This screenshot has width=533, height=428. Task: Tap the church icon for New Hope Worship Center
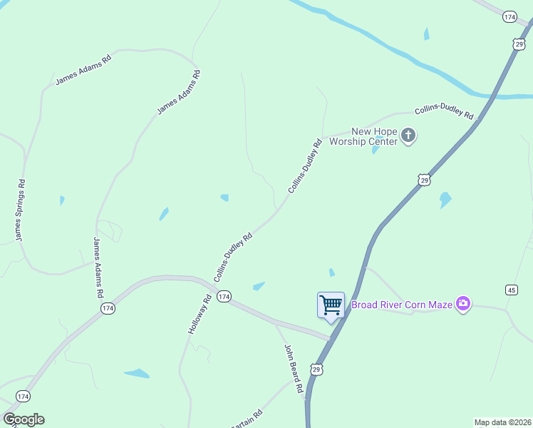click(408, 136)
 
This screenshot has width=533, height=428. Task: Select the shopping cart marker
click(331, 305)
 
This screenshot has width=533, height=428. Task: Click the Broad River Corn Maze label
click(402, 305)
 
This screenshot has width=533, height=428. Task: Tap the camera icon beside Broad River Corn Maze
click(464, 305)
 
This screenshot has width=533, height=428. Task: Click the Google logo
click(24, 419)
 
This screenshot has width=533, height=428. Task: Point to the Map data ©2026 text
click(502, 422)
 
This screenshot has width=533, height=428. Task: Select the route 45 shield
click(511, 289)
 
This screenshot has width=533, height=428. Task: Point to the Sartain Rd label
click(247, 419)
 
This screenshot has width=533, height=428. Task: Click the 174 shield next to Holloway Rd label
click(224, 296)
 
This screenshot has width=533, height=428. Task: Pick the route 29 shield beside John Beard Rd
click(316, 369)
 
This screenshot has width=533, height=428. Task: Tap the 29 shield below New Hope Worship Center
click(424, 180)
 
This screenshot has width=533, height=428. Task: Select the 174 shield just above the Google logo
click(24, 396)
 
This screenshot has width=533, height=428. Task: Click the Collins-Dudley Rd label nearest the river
click(445, 111)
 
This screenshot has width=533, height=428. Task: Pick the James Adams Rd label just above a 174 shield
click(98, 267)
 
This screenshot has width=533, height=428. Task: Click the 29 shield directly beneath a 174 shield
click(518, 44)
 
